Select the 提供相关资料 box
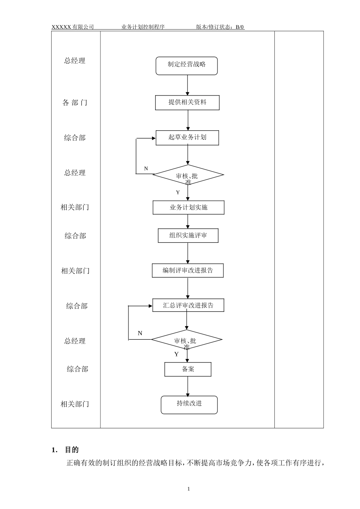point(187,103)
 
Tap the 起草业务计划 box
point(187,137)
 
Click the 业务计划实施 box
point(188,208)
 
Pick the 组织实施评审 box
point(188,236)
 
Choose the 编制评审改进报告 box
point(188,271)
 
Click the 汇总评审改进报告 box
point(188,305)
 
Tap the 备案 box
point(188,369)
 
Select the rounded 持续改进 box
point(189,405)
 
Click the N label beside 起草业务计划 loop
point(146,169)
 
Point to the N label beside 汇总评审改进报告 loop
point(140,333)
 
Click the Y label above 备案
point(176,354)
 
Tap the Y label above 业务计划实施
point(178,193)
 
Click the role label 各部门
point(75,103)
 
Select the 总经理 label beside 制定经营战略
point(75,61)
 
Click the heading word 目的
point(72,450)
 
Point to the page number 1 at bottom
point(189,489)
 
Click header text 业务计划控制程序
point(143,27)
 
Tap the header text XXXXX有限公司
point(73,27)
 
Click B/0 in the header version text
point(240,27)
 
